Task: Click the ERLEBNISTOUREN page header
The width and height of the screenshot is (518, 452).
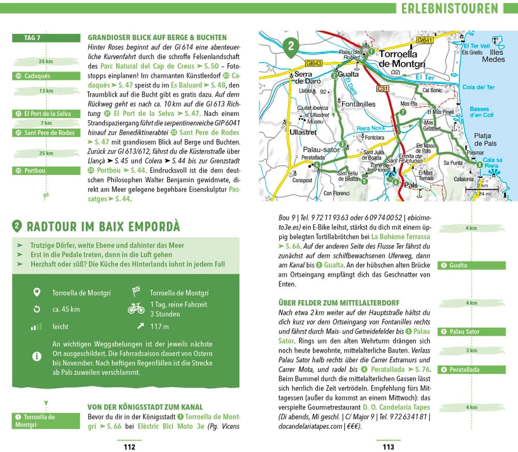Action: (x=449, y=8)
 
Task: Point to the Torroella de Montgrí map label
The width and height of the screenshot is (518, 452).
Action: (x=402, y=58)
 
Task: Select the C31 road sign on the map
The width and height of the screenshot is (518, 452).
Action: (x=382, y=89)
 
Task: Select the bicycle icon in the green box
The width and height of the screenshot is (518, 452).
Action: (x=136, y=309)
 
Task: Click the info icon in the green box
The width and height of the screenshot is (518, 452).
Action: (x=36, y=356)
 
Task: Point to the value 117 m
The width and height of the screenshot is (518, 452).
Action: (x=159, y=327)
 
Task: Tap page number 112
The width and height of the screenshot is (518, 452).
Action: (x=128, y=447)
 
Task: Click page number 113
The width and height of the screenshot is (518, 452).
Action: (x=388, y=447)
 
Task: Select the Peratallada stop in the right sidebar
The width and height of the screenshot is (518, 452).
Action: (x=464, y=370)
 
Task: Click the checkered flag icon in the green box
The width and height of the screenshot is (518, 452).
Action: (x=136, y=292)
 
